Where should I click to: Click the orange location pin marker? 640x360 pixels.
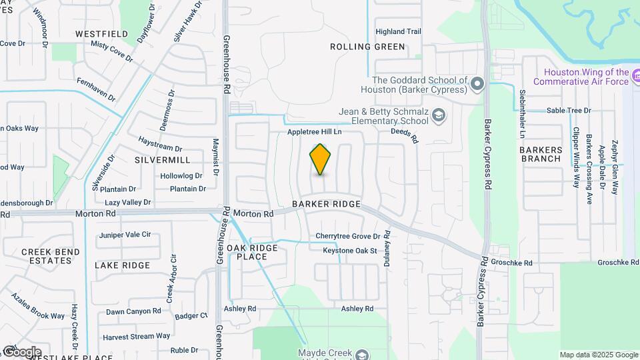tap(321, 159)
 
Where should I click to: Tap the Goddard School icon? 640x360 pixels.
tap(477, 84)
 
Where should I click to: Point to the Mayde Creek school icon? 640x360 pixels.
tap(361, 354)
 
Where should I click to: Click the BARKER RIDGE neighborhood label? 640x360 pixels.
tap(326, 204)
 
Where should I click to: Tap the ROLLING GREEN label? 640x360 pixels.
tap(367, 47)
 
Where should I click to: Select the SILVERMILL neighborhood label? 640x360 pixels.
tap(162, 160)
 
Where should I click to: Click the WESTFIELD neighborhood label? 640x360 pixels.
tap(101, 33)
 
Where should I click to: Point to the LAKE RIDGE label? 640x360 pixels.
tap(122, 265)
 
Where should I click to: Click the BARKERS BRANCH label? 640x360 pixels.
tap(541, 154)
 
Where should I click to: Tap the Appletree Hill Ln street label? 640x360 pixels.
tap(314, 132)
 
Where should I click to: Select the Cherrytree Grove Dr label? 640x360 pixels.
tap(347, 236)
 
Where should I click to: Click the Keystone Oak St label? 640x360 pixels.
tap(350, 251)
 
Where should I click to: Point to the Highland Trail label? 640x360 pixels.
tap(399, 31)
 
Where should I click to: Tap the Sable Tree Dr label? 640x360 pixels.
tap(569, 111)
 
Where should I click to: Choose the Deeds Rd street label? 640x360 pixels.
tap(404, 136)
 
